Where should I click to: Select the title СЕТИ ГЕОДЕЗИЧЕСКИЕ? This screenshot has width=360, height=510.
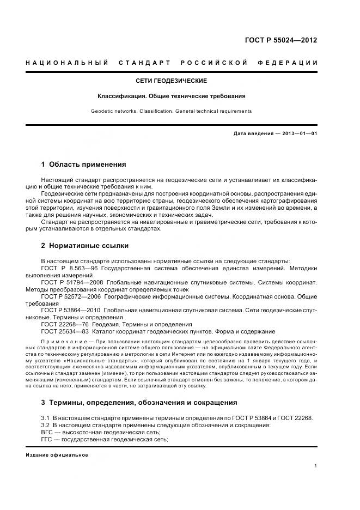[x=171, y=81]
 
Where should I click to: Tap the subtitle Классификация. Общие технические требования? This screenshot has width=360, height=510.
[x=171, y=96]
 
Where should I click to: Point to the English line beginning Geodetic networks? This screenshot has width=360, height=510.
[x=171, y=111]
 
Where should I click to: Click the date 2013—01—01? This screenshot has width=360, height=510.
[x=298, y=133]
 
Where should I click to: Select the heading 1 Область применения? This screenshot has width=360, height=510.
[x=83, y=164]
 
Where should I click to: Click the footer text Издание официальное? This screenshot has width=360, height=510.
[x=57, y=455]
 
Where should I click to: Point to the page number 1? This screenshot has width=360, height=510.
[x=316, y=466]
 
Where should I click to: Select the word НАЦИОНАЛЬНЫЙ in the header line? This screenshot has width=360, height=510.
[x=67, y=63]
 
